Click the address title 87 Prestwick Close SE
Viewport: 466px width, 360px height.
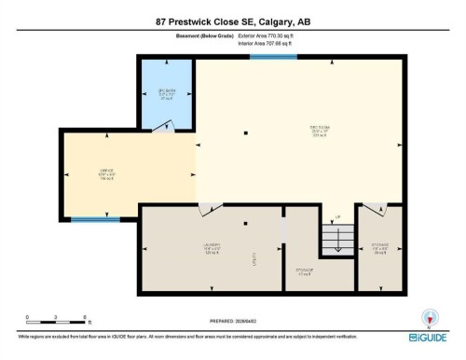pos(233,21)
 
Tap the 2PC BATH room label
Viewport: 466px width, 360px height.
pos(167,92)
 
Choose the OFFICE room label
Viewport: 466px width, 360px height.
pos(108,173)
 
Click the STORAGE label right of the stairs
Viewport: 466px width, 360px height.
pos(379,248)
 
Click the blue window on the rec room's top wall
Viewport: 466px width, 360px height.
pos(267,57)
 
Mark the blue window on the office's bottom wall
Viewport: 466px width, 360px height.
pos(95,220)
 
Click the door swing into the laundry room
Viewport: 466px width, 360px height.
pos(203,210)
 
